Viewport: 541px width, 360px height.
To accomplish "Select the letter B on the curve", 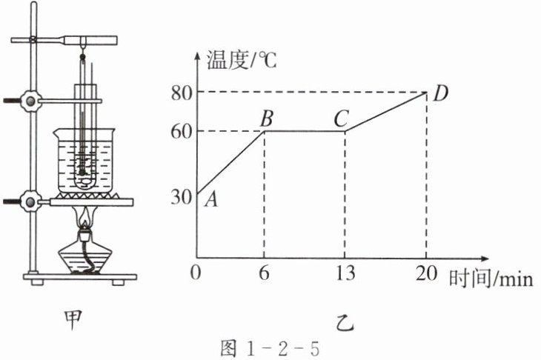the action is (x=267, y=118).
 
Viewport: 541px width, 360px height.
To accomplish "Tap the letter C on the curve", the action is (x=343, y=118).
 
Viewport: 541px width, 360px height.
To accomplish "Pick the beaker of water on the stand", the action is (x=85, y=159).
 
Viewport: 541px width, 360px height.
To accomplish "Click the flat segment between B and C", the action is (x=305, y=132).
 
